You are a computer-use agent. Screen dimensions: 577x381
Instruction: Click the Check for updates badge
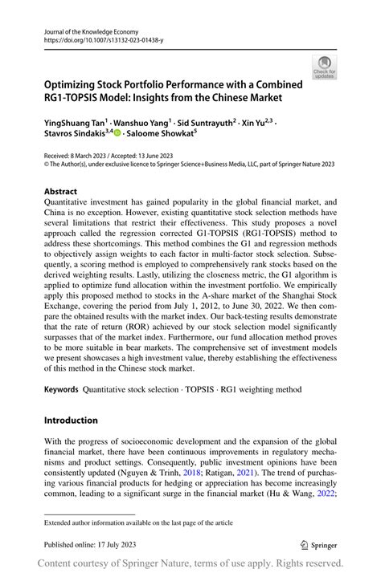325,68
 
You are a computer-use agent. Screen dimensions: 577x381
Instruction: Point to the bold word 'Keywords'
61,389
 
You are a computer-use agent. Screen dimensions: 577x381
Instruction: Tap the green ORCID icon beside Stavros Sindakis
118,134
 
